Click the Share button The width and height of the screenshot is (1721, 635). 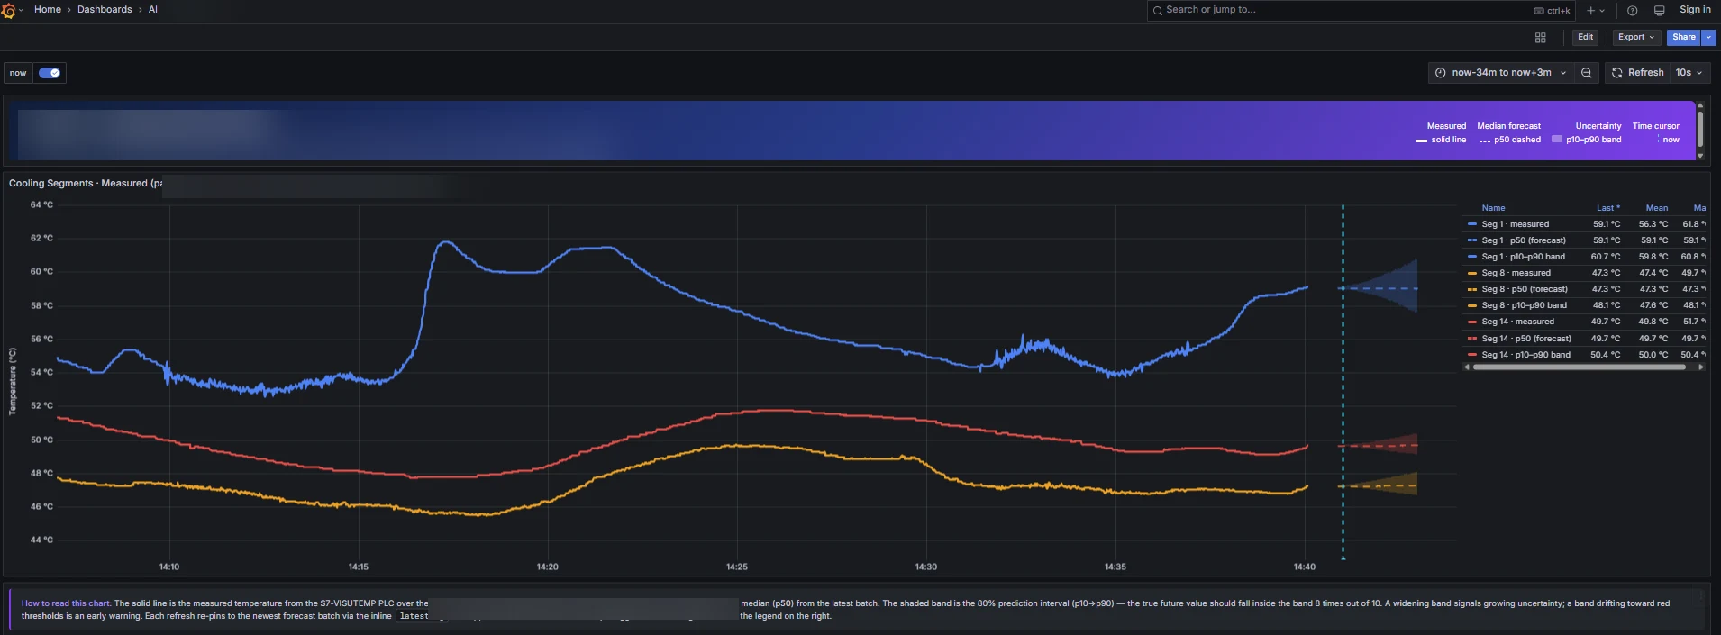click(1683, 37)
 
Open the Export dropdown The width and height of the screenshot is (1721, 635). click(1635, 37)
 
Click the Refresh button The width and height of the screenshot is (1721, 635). click(1637, 72)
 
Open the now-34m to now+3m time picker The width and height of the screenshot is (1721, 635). click(1500, 72)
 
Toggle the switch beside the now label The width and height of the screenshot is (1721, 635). click(50, 73)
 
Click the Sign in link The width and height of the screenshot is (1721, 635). click(1695, 10)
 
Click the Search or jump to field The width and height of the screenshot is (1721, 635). click(1343, 10)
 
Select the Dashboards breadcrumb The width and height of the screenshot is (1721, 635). click(105, 10)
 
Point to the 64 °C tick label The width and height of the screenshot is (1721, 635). click(41, 205)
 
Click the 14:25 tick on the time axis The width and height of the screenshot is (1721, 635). click(736, 567)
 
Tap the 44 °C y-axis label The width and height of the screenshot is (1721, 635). click(41, 540)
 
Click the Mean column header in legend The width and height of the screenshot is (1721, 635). click(1656, 208)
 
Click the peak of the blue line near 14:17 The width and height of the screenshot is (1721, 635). click(443, 242)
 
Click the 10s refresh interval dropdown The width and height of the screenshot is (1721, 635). click(1688, 72)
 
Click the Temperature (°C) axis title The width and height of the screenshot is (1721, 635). click(13, 381)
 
